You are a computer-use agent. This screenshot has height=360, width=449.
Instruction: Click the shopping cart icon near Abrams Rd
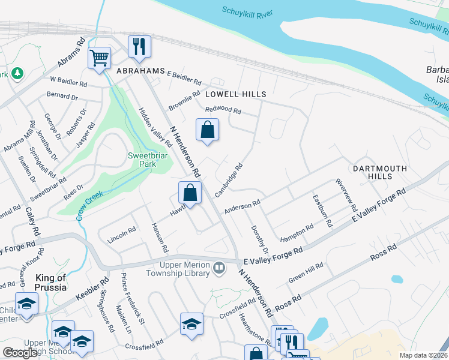coord(99,59)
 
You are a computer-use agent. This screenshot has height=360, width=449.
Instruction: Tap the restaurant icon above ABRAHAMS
coord(139,47)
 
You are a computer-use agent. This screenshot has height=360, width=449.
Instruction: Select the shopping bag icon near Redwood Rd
coord(207,130)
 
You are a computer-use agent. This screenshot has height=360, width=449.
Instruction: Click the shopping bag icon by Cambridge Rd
coord(190,194)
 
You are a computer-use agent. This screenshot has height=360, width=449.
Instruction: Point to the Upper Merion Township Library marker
coord(219,266)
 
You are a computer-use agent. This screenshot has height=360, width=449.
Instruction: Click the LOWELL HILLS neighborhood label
coord(235,94)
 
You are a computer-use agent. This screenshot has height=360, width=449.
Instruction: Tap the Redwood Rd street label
coord(223,110)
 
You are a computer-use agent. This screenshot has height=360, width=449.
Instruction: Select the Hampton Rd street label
coord(297,232)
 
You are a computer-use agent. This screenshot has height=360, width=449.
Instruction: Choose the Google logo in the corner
coord(20,353)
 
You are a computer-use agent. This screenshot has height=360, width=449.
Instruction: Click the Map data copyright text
coord(423,355)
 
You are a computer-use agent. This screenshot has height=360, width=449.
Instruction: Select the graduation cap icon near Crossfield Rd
coord(191,324)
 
